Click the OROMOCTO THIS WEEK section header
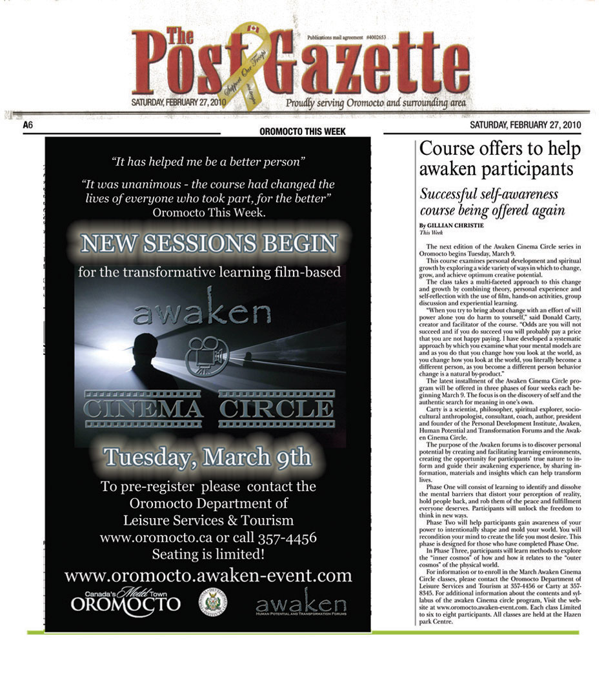pyautogui.click(x=302, y=132)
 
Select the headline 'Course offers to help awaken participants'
pyautogui.click(x=499, y=159)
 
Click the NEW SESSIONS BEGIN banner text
pyautogui.click(x=208, y=243)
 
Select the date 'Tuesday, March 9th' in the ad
pyautogui.click(x=207, y=456)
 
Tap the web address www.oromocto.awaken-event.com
pyautogui.click(x=208, y=575)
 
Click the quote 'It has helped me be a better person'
pyautogui.click(x=208, y=160)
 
